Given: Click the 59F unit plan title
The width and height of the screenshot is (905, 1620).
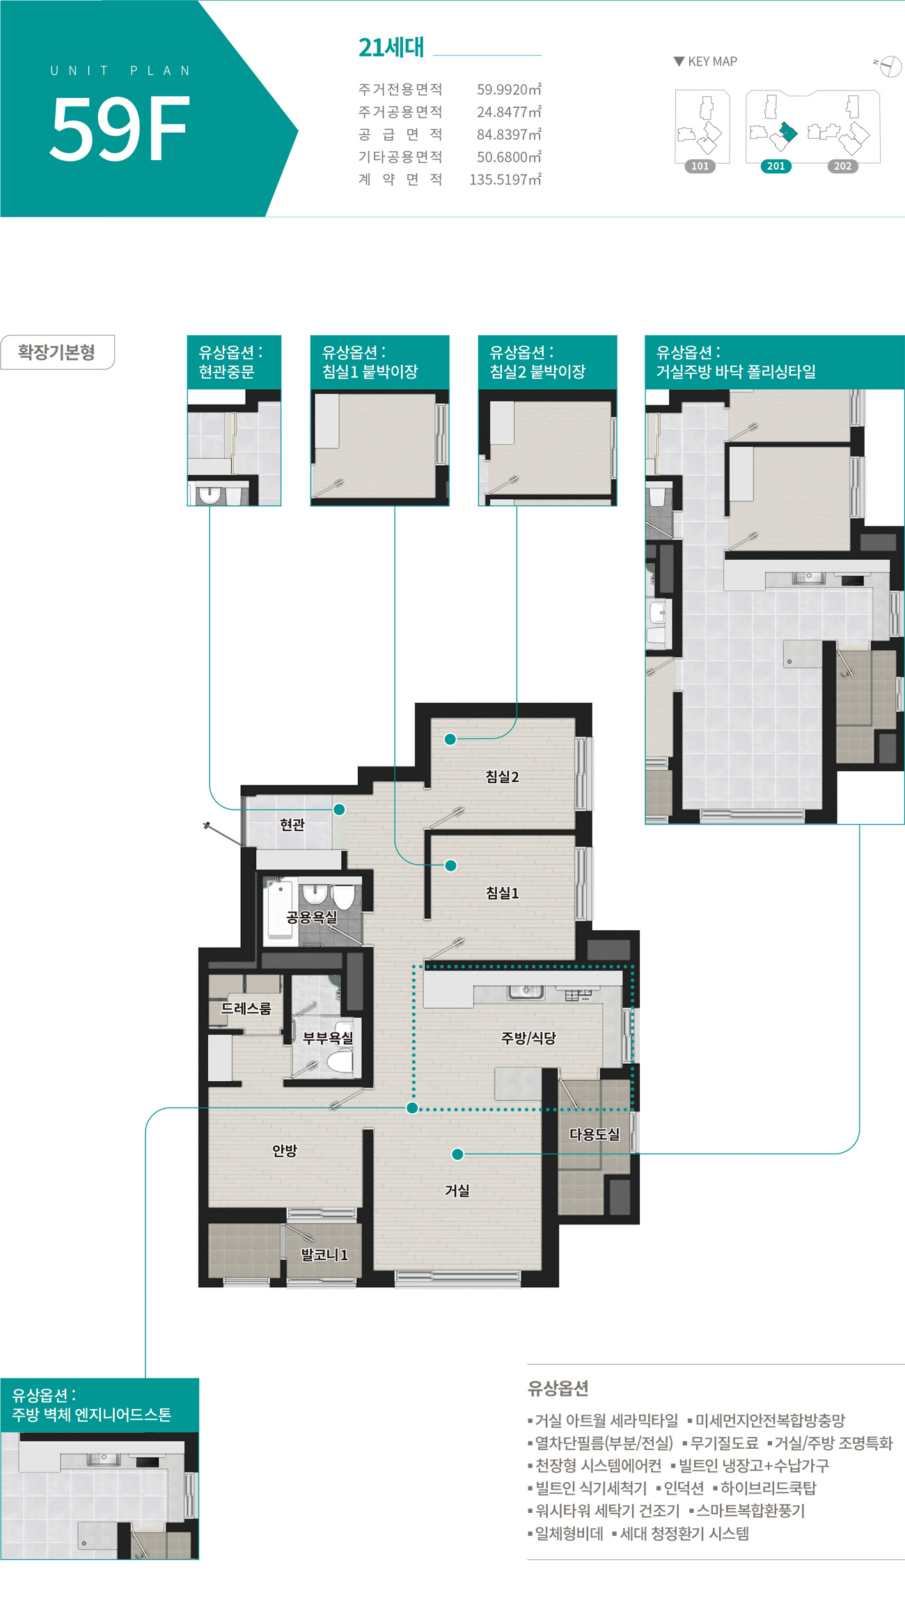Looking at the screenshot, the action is pyautogui.click(x=120, y=129).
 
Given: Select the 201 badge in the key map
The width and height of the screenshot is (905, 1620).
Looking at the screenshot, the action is pyautogui.click(x=776, y=166).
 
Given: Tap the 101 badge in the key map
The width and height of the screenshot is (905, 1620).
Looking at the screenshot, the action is pyautogui.click(x=700, y=166).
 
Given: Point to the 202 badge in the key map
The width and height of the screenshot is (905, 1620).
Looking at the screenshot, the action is pyautogui.click(x=842, y=166).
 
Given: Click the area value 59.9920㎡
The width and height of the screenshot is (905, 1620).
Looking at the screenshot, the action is pyautogui.click(x=509, y=89).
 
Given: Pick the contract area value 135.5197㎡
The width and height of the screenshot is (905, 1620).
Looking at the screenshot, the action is pyautogui.click(x=505, y=180).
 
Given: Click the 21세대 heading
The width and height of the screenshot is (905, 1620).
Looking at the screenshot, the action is pyautogui.click(x=391, y=47).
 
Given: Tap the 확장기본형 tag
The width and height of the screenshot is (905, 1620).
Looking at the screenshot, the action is pyautogui.click(x=57, y=352).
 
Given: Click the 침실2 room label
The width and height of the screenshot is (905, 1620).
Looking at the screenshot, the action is pyautogui.click(x=502, y=777).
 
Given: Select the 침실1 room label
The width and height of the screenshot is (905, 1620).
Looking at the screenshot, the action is pyautogui.click(x=502, y=893).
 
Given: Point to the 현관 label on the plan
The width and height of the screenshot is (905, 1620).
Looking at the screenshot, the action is pyautogui.click(x=292, y=825).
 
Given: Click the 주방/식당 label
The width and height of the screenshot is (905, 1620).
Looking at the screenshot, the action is pyautogui.click(x=528, y=1038).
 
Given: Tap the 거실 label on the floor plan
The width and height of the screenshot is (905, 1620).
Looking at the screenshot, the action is pyautogui.click(x=457, y=1190).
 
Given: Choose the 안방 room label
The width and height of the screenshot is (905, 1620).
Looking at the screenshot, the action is pyautogui.click(x=285, y=1150).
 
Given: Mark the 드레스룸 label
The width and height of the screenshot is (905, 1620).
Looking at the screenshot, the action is pyautogui.click(x=246, y=1008).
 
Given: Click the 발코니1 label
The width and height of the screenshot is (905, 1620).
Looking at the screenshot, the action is pyautogui.click(x=324, y=1255).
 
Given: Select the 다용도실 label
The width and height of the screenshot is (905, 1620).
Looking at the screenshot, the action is pyautogui.click(x=595, y=1134).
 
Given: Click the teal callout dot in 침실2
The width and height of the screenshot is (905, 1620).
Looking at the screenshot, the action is pyautogui.click(x=450, y=739).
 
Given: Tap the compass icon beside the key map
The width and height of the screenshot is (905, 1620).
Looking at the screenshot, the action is pyautogui.click(x=889, y=67).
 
